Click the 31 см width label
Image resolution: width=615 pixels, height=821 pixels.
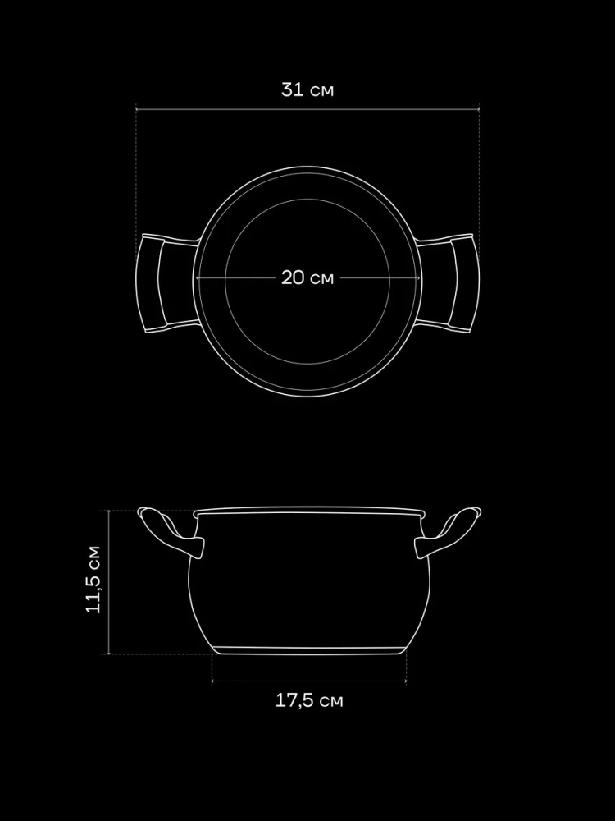307,89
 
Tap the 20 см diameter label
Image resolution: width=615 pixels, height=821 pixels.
307,277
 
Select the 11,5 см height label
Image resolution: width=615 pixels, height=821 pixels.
94,579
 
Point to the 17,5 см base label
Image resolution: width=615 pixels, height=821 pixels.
309,700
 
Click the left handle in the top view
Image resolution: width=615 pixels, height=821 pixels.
149,283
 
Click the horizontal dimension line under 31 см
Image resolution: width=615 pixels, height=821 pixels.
307,109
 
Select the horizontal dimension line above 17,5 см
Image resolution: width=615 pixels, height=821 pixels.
309,681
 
